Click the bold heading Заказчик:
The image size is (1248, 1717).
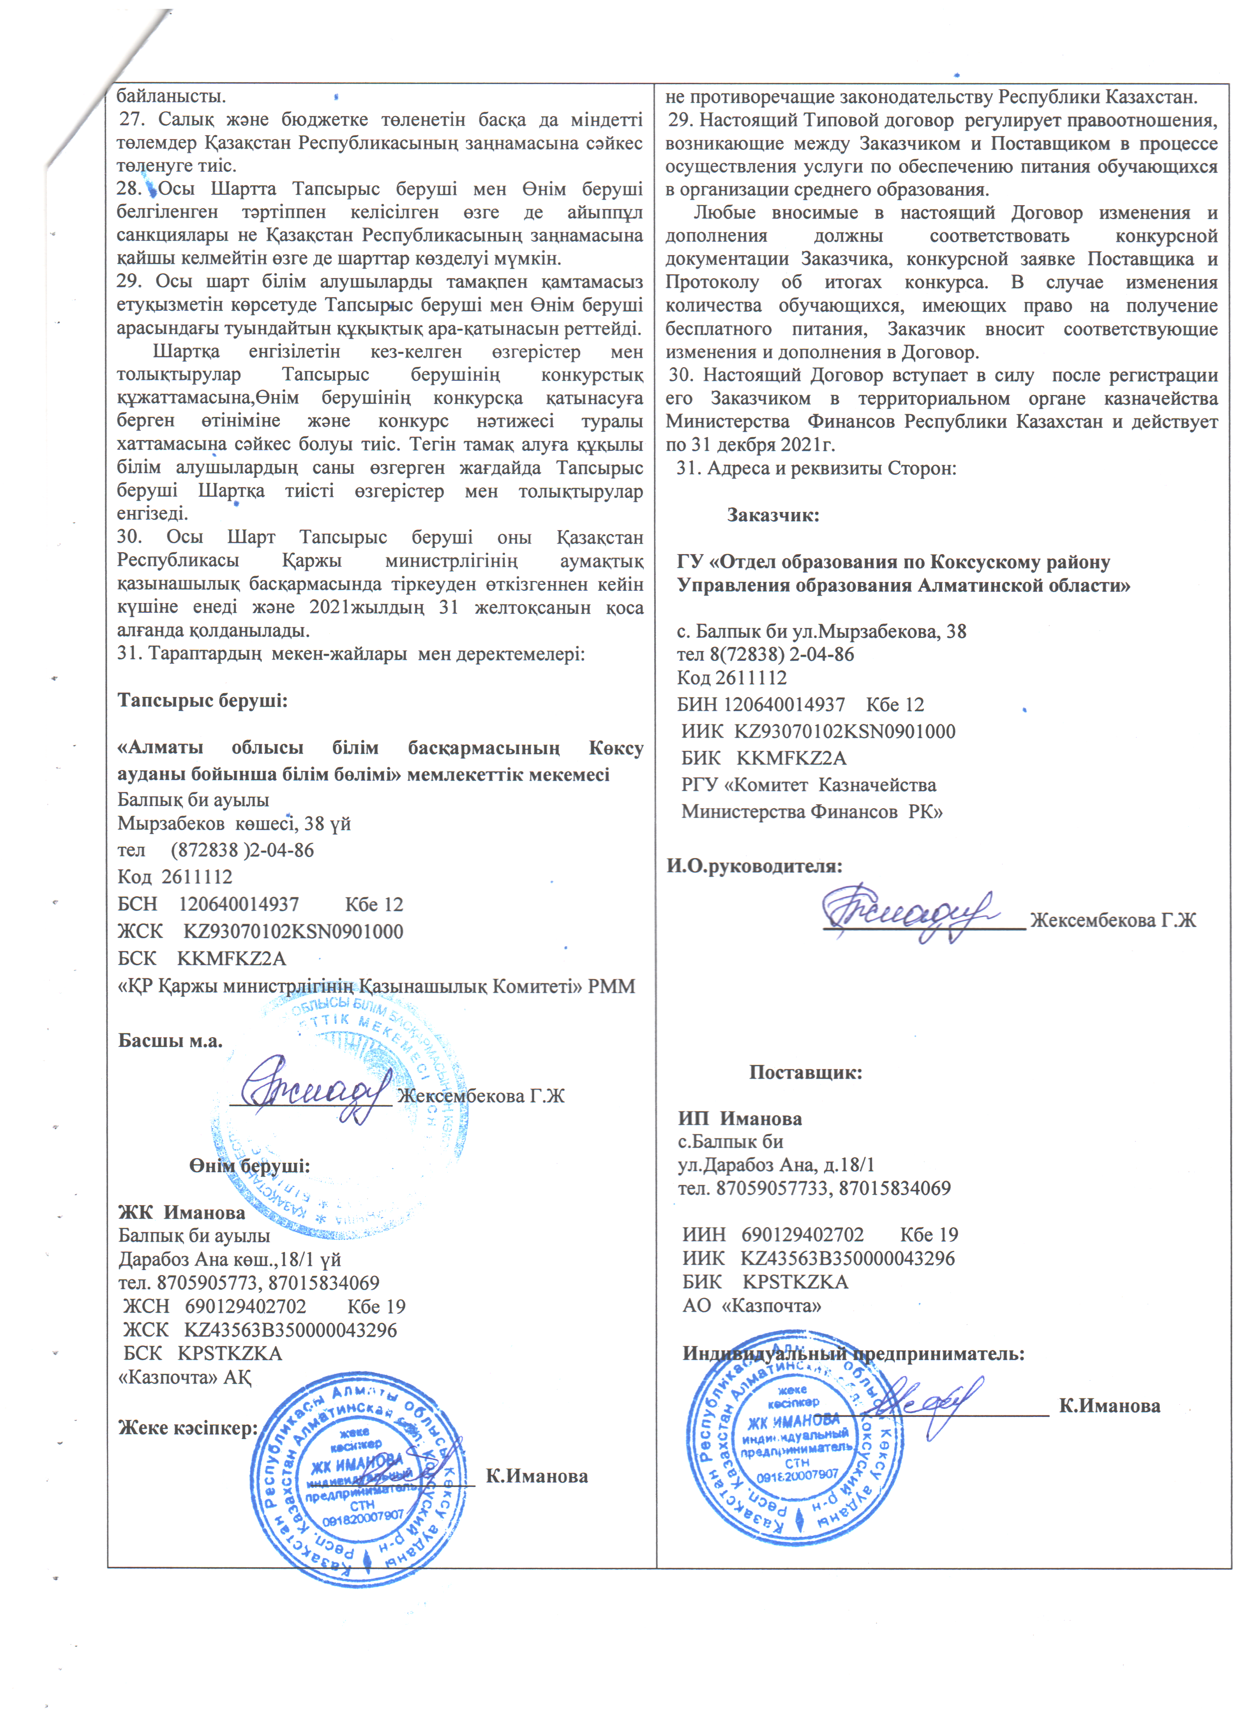click(773, 515)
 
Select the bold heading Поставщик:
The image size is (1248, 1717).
click(805, 1072)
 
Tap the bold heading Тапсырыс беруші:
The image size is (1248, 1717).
click(202, 700)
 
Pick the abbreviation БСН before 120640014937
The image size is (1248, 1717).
click(138, 904)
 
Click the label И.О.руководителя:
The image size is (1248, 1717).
click(754, 865)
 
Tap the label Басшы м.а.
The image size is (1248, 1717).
click(170, 1040)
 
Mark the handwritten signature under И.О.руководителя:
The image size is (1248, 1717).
click(908, 914)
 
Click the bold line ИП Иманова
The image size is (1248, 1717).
click(740, 1118)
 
